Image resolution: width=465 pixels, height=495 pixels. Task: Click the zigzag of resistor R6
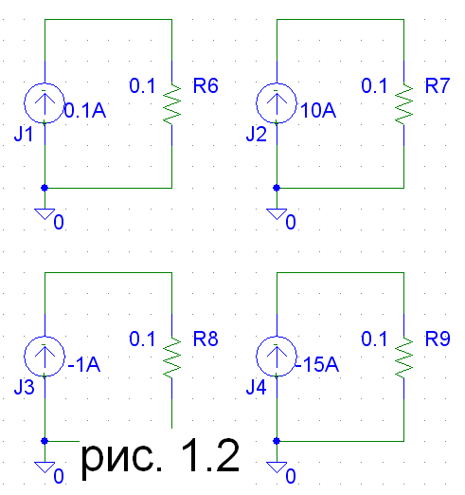click(172, 104)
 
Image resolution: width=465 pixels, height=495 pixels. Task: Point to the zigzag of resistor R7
click(404, 104)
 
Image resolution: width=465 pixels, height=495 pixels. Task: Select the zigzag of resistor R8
click(172, 357)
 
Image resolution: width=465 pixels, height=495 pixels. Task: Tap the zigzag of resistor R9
click(404, 357)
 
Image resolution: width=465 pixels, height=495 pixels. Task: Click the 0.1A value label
click(85, 111)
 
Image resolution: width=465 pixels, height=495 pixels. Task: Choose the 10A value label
click(318, 111)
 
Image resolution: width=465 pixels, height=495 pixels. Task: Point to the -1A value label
click(84, 364)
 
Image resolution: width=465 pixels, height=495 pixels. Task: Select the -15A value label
click(317, 364)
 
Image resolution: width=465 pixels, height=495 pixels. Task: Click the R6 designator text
click(206, 85)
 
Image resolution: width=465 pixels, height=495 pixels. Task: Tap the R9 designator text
click(438, 339)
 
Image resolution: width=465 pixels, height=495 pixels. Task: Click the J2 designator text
click(257, 134)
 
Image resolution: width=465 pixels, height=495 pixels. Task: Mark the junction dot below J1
click(45, 188)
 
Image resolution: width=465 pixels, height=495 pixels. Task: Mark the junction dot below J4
click(277, 441)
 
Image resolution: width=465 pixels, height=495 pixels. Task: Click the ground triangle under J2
click(277, 213)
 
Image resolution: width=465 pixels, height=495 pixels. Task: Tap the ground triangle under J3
click(45, 467)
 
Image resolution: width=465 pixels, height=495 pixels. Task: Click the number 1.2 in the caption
click(210, 455)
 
